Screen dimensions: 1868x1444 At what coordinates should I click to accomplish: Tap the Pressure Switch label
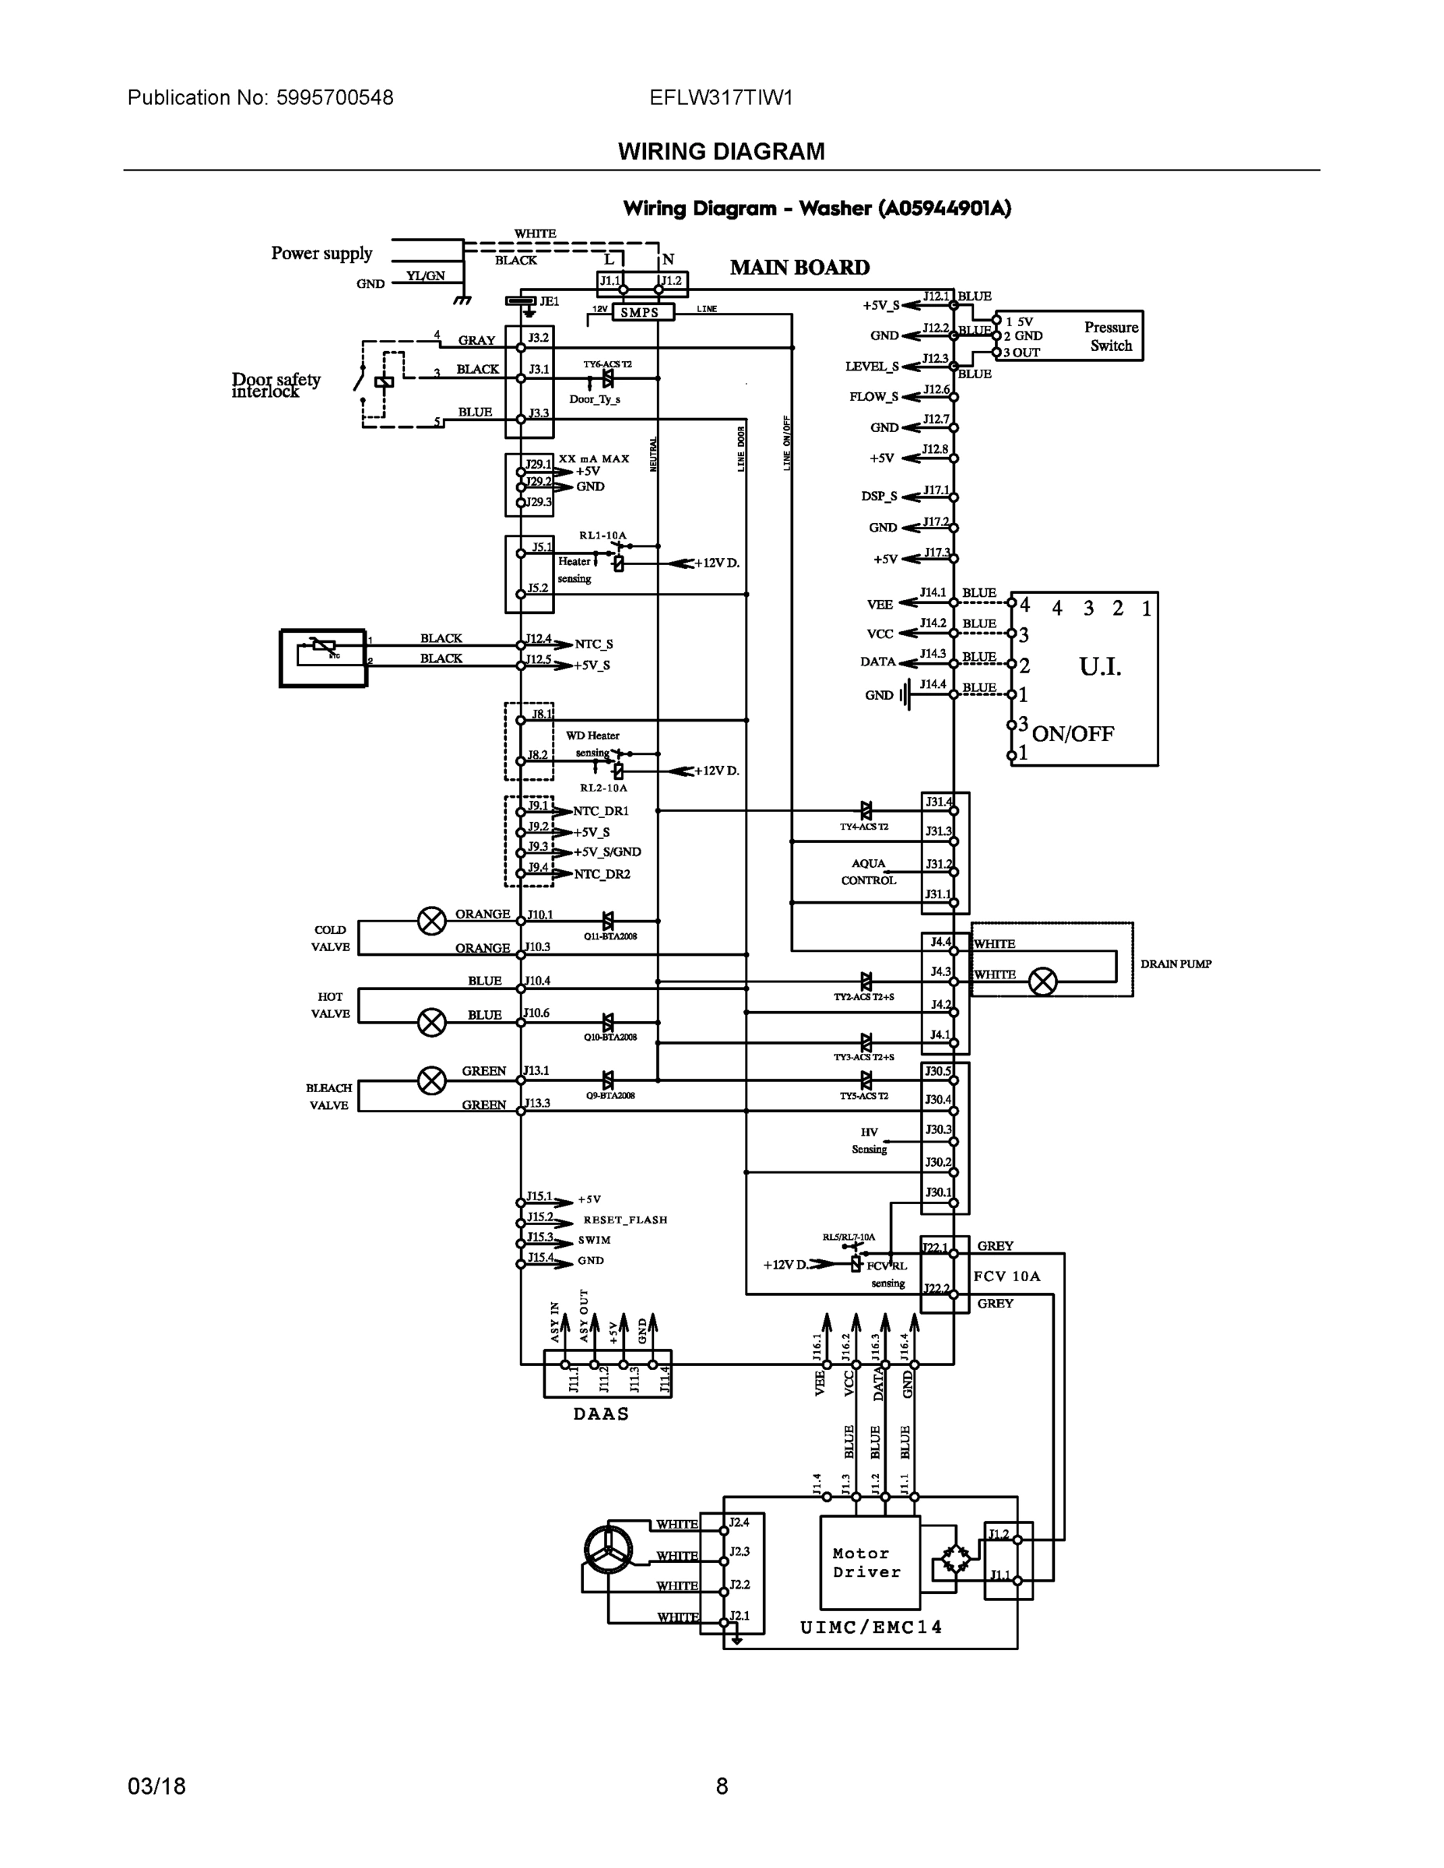[1110, 336]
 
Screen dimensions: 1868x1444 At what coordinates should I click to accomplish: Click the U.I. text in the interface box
[1099, 666]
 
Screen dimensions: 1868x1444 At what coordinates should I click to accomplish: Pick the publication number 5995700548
[335, 97]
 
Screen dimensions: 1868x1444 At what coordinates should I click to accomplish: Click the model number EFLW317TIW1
[720, 97]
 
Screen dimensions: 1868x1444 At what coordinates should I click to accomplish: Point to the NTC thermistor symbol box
[323, 658]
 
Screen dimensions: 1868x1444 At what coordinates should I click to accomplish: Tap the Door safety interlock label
[275, 385]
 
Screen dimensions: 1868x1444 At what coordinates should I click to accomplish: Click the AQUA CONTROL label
[868, 872]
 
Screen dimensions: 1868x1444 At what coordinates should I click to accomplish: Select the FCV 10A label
[1007, 1276]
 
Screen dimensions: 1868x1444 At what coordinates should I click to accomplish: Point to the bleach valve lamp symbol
[432, 1081]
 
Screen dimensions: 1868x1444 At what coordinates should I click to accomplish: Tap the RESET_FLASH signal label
[624, 1220]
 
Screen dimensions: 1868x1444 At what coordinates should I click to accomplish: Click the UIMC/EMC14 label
[871, 1627]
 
